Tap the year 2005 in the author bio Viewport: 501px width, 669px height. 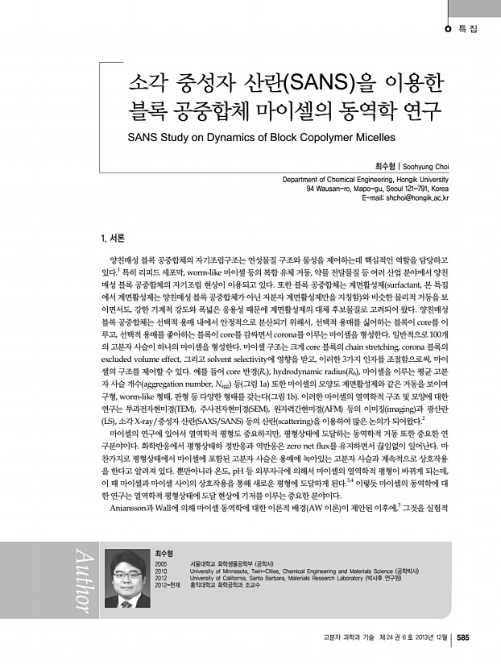[160, 563]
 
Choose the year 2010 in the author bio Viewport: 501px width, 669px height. [160, 571]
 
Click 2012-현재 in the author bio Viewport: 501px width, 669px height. [167, 586]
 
